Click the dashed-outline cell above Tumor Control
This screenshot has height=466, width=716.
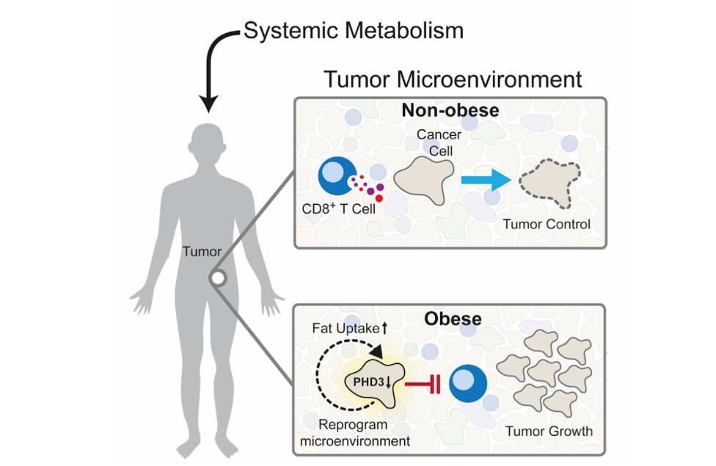[x=550, y=180]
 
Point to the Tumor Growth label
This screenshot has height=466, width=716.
[x=549, y=431]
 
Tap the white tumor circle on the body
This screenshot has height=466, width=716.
[x=218, y=279]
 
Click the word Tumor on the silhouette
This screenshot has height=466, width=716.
[x=202, y=252]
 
